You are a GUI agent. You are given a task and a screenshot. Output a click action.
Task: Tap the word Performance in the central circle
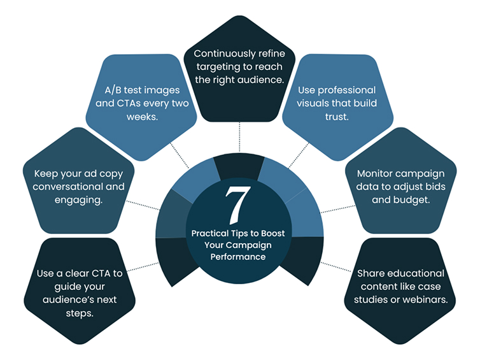click(x=238, y=257)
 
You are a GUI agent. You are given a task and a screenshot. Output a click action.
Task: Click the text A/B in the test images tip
click(x=114, y=89)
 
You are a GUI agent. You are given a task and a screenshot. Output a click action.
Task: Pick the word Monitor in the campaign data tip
click(x=376, y=173)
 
